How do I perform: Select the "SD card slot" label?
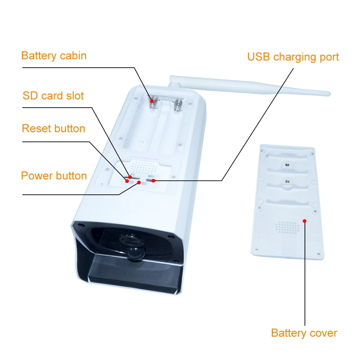coord(53,96)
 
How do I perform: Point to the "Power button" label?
coord(54,176)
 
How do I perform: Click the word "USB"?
coord(258,57)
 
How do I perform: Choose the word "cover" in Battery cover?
coord(323,333)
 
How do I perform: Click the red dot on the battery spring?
coord(152,102)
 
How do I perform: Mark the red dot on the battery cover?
coord(305,221)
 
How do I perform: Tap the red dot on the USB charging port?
coord(153,180)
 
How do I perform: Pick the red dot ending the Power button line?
coord(139,183)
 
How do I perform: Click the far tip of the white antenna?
coord(328,94)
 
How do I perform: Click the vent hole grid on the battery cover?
coord(287,227)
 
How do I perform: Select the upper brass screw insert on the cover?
coord(287,164)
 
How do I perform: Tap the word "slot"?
coord(75,96)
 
